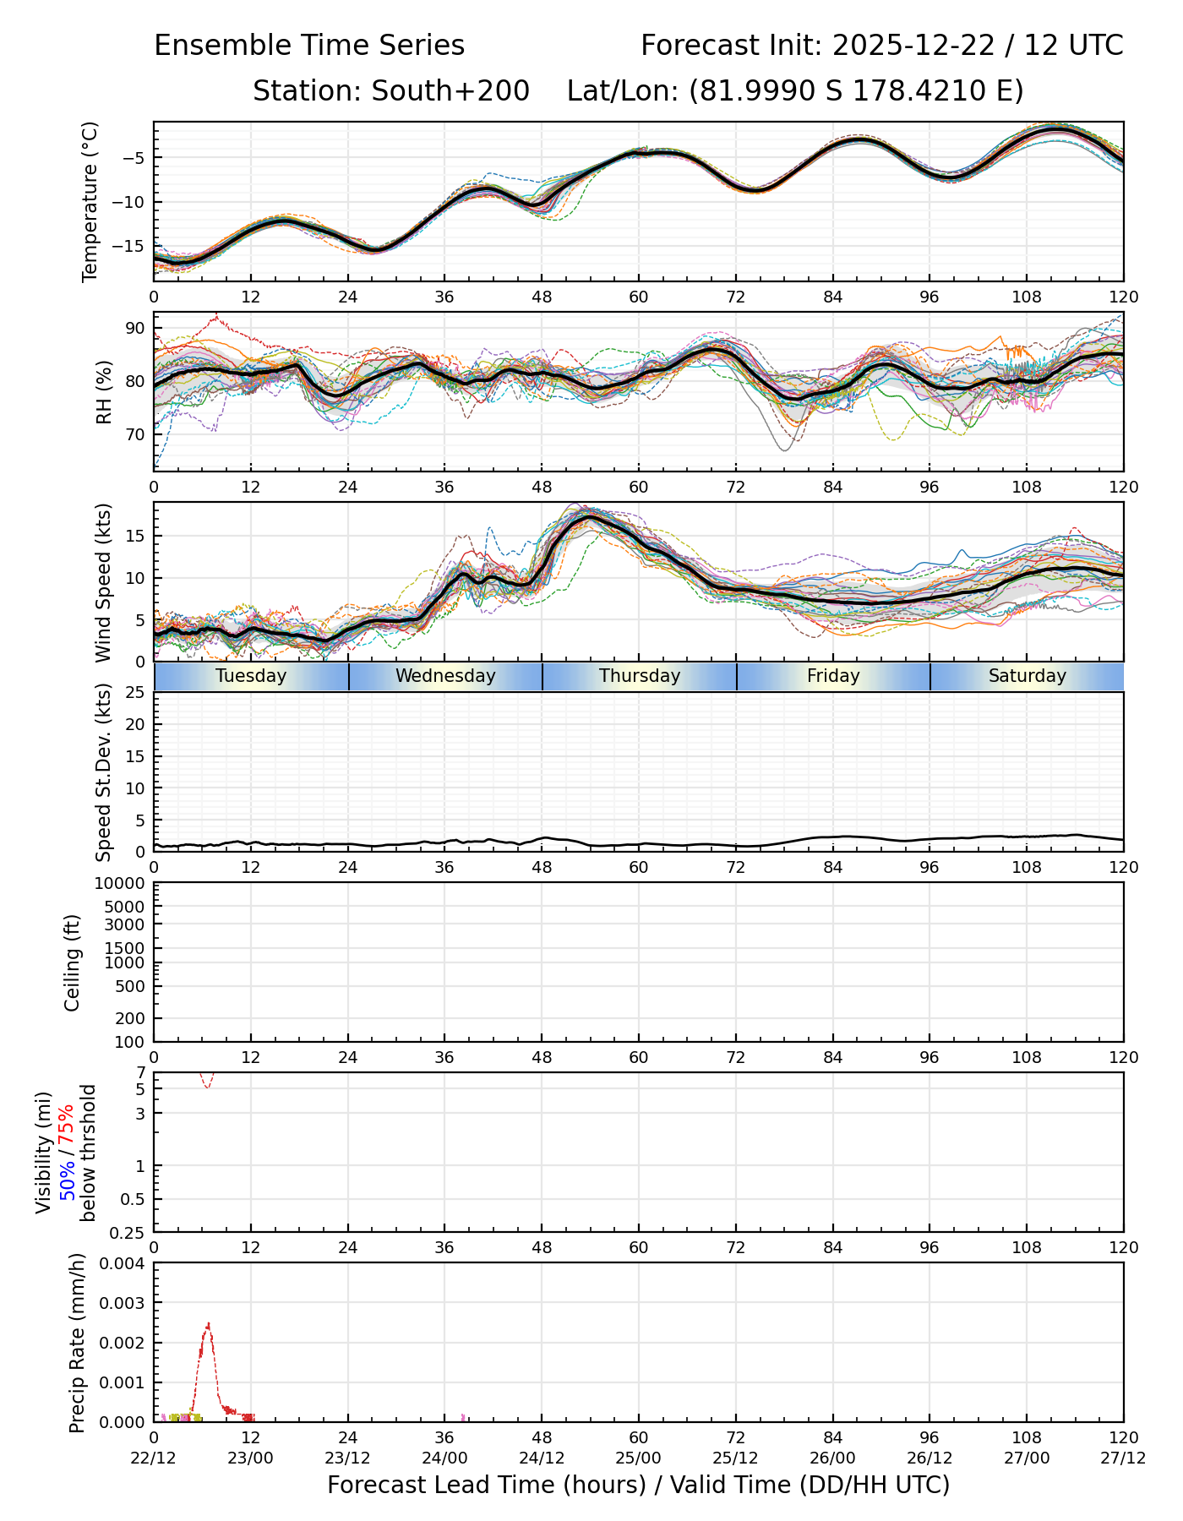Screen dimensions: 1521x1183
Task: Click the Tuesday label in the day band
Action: click(x=251, y=676)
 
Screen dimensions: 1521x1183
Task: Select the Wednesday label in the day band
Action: click(x=445, y=676)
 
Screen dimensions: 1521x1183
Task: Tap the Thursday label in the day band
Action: click(x=640, y=676)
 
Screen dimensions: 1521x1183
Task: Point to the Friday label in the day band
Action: click(x=833, y=676)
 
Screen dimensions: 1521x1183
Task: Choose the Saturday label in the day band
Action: click(x=1028, y=676)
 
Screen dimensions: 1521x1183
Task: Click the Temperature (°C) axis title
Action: click(x=90, y=201)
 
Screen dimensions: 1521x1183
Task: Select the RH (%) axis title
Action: click(x=104, y=391)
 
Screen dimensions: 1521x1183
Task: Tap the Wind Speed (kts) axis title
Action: click(x=104, y=582)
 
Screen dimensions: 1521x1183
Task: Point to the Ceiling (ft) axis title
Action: click(x=74, y=962)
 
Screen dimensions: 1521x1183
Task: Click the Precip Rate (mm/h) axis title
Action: click(x=78, y=1343)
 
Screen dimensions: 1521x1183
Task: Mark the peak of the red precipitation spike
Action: click(x=208, y=1324)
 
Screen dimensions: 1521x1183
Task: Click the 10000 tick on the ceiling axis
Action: click(x=120, y=884)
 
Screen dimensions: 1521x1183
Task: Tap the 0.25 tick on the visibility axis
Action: click(x=128, y=1232)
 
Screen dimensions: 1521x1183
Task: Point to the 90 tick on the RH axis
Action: click(x=134, y=328)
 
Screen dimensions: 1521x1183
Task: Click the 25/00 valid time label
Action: click(x=639, y=1458)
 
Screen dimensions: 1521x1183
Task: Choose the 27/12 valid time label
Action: click(x=1123, y=1458)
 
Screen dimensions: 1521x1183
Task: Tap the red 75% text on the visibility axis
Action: click(x=67, y=1124)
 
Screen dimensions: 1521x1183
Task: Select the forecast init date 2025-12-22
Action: click(x=915, y=46)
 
